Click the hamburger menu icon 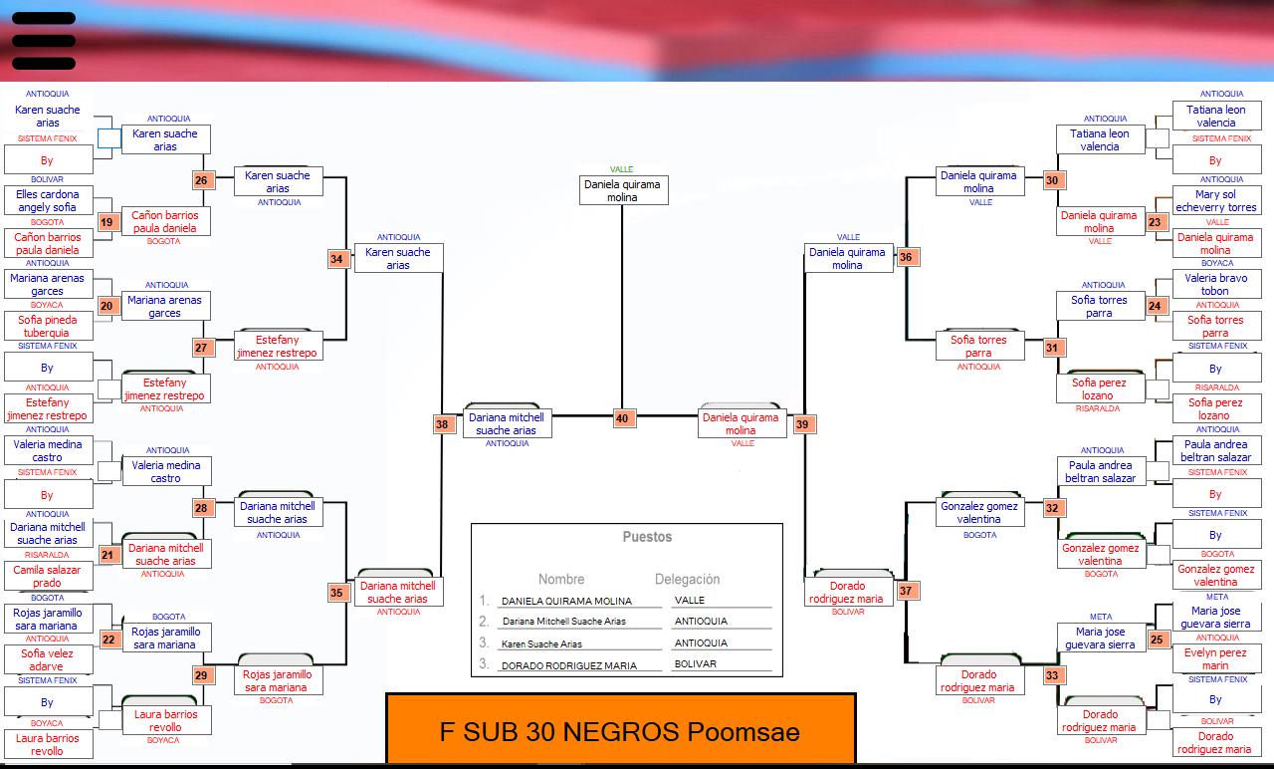44,41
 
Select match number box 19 106,222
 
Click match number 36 906,257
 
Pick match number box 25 1157,640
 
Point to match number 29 201,675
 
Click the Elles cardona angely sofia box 48,200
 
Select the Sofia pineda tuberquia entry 48,326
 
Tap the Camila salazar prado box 48,576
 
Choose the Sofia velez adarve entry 48,659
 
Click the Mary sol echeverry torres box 1216,200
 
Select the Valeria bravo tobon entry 1216,284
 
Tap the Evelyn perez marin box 1216,658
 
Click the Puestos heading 647,537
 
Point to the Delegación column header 687,579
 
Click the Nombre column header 561,579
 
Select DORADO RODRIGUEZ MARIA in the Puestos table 568,665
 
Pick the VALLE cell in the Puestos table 690,600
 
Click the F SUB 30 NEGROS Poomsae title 620,732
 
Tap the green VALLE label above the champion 622,169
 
